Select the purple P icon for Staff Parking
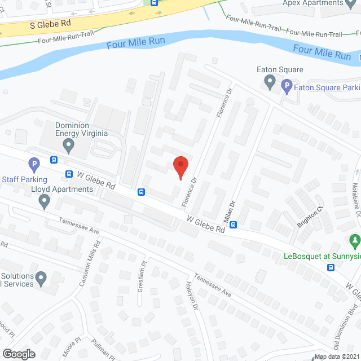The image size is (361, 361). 34,165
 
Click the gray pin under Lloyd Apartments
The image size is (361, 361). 45,201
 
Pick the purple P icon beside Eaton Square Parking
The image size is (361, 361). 287,87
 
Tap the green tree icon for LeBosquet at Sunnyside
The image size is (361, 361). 354,241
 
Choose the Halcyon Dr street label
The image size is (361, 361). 192,296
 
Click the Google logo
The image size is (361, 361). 18,354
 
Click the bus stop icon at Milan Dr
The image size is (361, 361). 233,224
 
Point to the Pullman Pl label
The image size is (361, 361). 105,350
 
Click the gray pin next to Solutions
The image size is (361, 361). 40,278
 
